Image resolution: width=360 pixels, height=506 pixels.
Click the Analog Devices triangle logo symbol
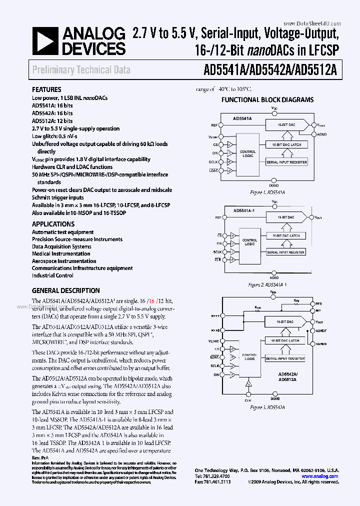point(44,41)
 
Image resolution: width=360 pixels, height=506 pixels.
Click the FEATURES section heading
point(46,90)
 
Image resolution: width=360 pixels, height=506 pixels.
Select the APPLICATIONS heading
point(53,224)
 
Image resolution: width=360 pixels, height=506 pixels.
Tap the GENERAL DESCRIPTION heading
point(65,290)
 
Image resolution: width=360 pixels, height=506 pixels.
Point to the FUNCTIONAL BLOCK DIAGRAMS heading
point(267,99)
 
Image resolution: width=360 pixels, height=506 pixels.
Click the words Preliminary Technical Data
point(81,70)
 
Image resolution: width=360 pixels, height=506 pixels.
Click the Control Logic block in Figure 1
point(247,153)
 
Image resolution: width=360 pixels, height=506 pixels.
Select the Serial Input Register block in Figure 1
point(286,162)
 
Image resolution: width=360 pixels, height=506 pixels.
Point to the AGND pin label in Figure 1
point(322,134)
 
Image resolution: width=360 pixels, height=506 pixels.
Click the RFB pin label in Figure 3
point(319,303)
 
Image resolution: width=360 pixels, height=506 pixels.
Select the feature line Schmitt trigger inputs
point(58,197)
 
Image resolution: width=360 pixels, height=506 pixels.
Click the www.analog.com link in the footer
point(320,476)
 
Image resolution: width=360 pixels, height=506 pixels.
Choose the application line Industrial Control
point(52,275)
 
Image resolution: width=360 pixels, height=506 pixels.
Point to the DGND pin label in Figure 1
point(274,184)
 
